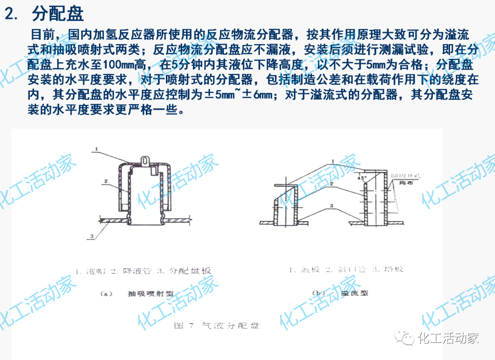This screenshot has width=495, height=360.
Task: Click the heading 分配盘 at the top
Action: (x=58, y=14)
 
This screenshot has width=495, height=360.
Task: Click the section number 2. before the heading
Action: (x=12, y=14)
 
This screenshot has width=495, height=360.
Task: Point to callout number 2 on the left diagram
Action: (x=105, y=182)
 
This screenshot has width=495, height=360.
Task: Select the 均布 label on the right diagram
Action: (x=400, y=183)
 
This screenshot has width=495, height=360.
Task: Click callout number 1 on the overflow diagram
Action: (x=333, y=161)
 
